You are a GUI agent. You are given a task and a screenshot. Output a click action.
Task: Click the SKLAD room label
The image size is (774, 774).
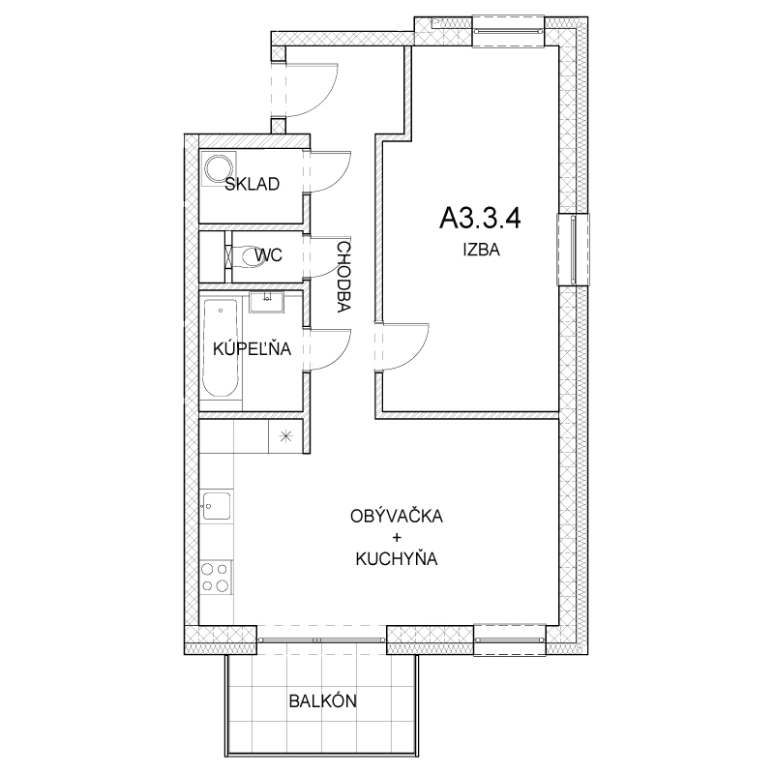[253, 184]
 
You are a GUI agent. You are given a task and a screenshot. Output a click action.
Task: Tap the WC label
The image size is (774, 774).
[269, 255]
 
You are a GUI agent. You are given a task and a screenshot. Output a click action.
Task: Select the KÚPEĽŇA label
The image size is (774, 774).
[252, 348]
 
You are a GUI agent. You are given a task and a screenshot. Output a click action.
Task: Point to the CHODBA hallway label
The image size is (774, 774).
[343, 277]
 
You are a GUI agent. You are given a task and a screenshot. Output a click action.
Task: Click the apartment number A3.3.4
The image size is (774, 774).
[480, 218]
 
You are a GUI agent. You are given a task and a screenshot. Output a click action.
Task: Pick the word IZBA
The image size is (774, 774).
[481, 250]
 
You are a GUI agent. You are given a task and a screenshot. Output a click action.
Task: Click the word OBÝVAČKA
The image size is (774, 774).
[397, 516]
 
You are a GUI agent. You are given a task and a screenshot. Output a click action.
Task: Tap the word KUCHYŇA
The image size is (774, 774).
[397, 559]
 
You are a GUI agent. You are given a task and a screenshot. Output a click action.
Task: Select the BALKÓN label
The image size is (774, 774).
[323, 700]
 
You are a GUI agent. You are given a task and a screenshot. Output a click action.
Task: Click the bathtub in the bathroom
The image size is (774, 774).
[221, 348]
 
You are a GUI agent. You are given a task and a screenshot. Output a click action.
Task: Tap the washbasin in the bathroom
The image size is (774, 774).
[267, 302]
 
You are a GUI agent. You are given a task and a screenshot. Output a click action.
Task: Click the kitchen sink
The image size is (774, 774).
[217, 506]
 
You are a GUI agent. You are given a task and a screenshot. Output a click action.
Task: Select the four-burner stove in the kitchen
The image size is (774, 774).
[216, 578]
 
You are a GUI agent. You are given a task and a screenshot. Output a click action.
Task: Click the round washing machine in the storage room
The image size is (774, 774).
[220, 169]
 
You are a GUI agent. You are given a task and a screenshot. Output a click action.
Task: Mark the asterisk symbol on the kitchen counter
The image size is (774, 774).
[285, 436]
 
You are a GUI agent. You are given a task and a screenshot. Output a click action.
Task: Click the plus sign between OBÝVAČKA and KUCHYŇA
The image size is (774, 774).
[397, 537]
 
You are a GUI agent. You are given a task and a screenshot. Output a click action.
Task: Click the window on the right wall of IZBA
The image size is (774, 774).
[573, 250]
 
